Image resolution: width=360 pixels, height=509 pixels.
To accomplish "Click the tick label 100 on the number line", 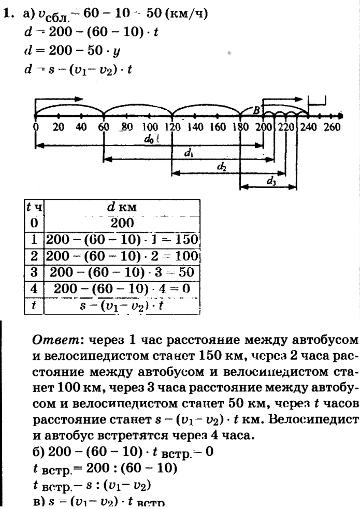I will pos(149,126).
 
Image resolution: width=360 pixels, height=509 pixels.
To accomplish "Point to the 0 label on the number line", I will pos(35,126).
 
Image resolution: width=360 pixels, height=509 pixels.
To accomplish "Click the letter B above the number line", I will pos(256,110).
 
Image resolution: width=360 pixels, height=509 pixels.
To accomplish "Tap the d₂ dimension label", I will pos(222,167).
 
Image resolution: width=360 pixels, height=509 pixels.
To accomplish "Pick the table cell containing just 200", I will pos(122,223).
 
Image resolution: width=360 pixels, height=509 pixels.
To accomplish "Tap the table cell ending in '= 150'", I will pos(122,240).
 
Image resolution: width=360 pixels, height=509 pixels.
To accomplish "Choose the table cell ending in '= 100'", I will pos(122,256).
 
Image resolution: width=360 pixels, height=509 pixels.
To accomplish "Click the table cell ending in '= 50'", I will pos(122,272).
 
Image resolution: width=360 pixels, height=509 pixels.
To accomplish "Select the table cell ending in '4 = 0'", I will pos(122,289).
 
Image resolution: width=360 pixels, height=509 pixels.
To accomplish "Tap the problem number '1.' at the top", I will pos(8,13).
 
